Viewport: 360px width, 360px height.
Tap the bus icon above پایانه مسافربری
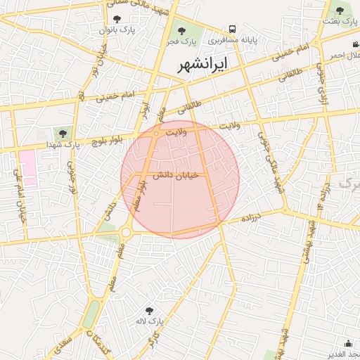tap(232, 30)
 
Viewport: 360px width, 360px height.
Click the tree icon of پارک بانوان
tap(117, 20)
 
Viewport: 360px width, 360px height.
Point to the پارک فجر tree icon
tap(181, 30)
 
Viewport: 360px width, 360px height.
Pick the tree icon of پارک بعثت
tap(340, 11)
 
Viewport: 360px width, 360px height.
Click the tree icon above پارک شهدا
tap(63, 134)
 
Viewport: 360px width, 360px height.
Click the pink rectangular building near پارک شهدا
tap(27, 167)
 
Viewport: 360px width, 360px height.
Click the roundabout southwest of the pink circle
tap(126, 233)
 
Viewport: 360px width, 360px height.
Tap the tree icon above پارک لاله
tap(148, 310)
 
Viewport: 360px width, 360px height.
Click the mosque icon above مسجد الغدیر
tap(349, 343)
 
